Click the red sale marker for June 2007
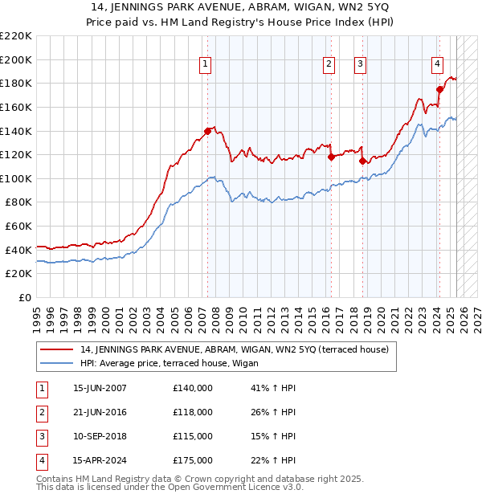coord(207,131)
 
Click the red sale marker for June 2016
coord(331,157)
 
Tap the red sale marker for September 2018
coord(361,161)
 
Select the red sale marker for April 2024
coord(439,89)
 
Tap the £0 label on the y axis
coord(24,297)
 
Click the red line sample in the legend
coord(57,349)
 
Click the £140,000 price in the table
coord(193,388)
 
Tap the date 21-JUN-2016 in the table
coord(100,412)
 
